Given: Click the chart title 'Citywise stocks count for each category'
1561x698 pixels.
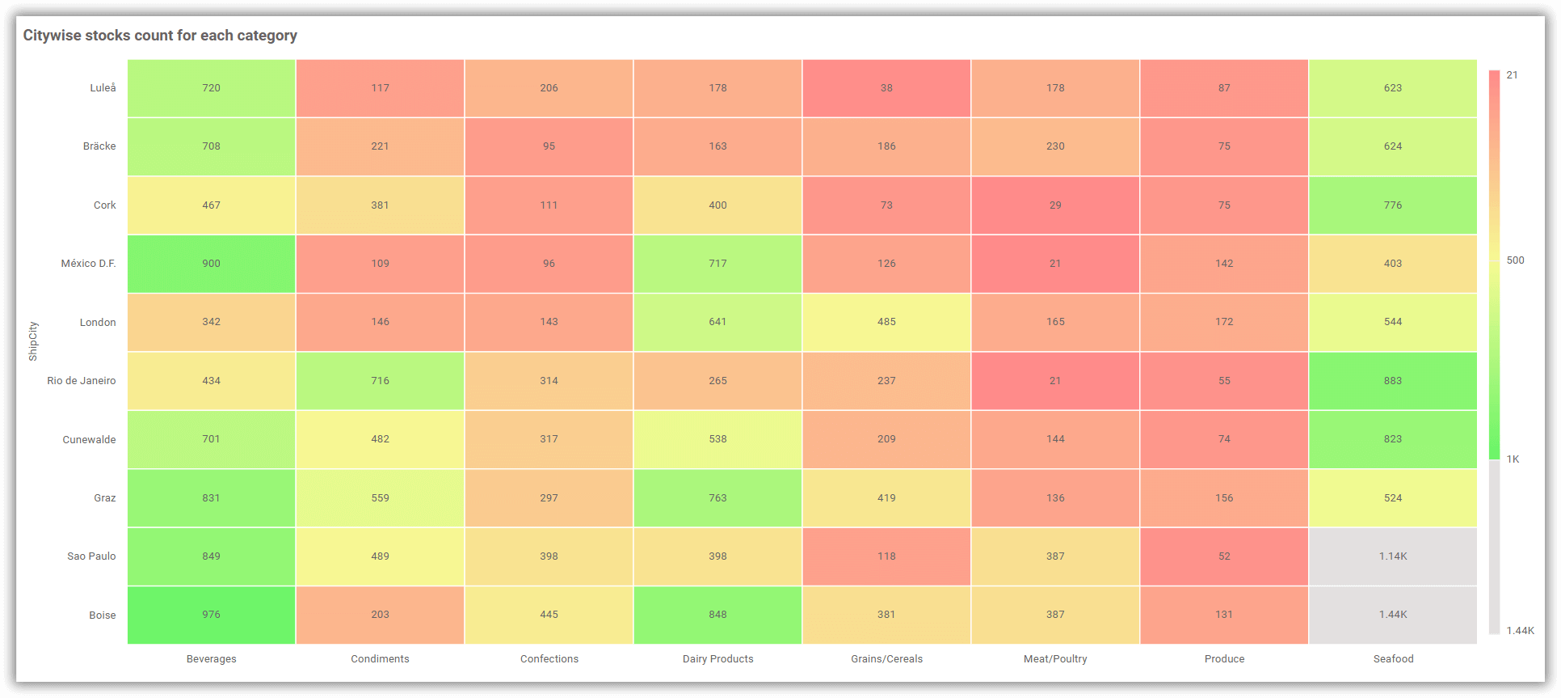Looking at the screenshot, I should (x=160, y=36).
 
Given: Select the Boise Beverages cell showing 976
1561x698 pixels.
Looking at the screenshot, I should (x=211, y=615).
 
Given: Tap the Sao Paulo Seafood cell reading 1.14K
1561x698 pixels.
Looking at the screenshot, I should (x=1393, y=556).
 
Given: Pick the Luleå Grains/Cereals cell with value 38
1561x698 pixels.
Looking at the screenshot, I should (x=886, y=88).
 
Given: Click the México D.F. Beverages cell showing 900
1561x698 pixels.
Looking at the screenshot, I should (x=211, y=264).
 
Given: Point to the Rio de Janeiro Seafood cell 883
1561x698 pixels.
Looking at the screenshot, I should (x=1393, y=381).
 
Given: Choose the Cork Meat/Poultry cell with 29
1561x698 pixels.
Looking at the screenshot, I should (x=1055, y=205).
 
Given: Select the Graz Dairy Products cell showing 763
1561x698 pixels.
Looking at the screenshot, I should (x=717, y=498).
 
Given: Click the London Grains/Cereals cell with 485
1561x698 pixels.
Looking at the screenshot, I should (x=886, y=322).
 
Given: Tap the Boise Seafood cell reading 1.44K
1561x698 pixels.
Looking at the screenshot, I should (x=1393, y=615).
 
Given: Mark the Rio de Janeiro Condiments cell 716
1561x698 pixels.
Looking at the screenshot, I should (x=380, y=381).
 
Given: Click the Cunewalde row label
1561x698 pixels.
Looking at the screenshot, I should (x=89, y=440).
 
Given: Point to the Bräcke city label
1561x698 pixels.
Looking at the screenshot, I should (x=99, y=146).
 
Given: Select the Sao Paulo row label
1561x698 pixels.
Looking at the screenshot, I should (x=91, y=556).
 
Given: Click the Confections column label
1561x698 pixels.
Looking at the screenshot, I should (x=549, y=659).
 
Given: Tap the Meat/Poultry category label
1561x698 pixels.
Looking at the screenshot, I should (x=1055, y=659).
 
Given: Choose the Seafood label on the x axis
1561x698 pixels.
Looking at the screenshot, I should (x=1393, y=659).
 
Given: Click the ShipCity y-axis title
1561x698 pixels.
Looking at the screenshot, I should (x=33, y=341).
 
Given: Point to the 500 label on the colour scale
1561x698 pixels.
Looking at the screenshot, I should (x=1515, y=260).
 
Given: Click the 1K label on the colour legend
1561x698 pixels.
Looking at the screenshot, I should (x=1513, y=459).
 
